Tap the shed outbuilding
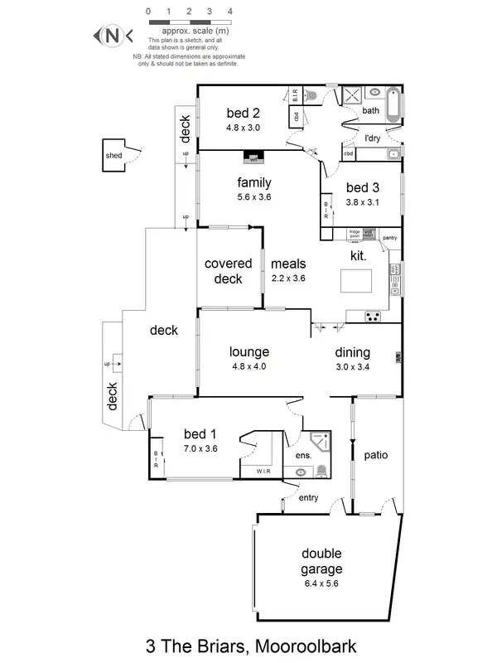(x=114, y=156)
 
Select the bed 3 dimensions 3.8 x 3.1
(x=361, y=201)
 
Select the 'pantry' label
(x=390, y=239)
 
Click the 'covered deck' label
(x=228, y=271)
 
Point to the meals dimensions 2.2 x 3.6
(x=288, y=278)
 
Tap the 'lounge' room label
(x=249, y=352)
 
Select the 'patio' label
(x=375, y=455)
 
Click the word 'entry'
(x=308, y=498)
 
